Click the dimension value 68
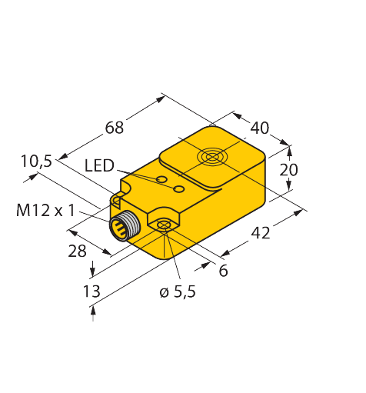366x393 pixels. (114, 128)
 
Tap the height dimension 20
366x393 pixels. (288, 170)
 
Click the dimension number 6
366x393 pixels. (223, 270)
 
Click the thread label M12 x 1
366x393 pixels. (46, 211)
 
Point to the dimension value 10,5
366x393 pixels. (36, 162)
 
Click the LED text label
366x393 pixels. (99, 166)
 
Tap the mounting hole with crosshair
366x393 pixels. (163, 225)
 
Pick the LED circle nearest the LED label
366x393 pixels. (161, 180)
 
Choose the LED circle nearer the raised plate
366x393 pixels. (178, 189)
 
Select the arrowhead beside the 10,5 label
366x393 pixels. (32, 178)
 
